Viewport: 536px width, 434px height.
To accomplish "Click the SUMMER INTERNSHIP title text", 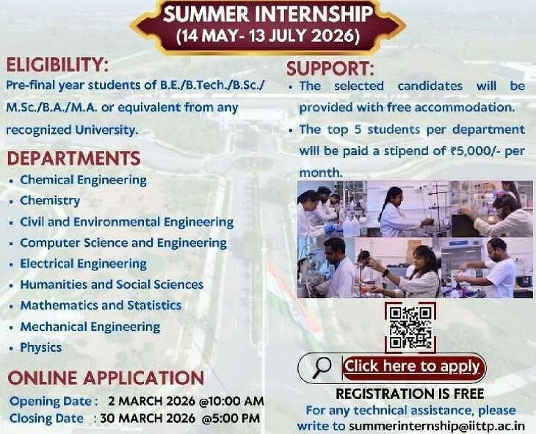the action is [268, 15].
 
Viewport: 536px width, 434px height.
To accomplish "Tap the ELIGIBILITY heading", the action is [57, 65].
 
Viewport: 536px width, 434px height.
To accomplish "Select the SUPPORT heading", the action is [330, 69].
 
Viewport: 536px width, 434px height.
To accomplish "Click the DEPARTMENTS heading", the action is [74, 159].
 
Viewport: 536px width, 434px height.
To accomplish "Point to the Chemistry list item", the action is [50, 200].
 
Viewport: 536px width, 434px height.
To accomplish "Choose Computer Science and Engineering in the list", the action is [123, 243].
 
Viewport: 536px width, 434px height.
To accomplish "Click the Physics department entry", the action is [41, 347].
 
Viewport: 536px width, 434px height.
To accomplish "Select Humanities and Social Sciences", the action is [112, 284].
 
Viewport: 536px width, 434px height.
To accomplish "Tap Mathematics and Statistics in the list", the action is [101, 305].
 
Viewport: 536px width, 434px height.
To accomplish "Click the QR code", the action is [410, 328].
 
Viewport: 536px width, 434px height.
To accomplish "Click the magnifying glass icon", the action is [321, 367].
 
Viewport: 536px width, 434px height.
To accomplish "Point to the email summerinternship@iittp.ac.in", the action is [437, 426].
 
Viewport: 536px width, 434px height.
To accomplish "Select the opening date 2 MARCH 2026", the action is [151, 401].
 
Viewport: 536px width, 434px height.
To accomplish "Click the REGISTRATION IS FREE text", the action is [410, 394].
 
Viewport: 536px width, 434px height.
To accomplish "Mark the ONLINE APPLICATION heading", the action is [106, 378].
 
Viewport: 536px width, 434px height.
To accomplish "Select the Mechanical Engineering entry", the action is [90, 327].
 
